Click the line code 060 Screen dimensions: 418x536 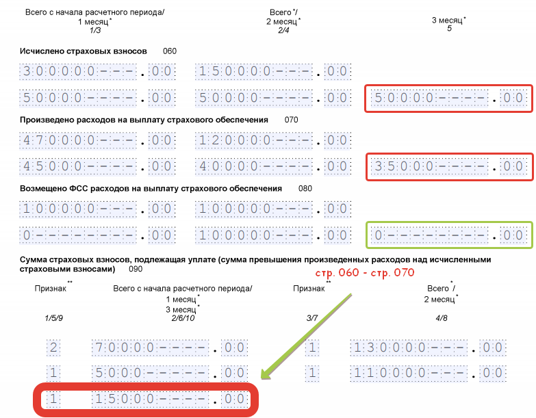coord(170,51)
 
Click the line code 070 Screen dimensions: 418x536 coord(292,120)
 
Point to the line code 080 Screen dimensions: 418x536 coord(305,188)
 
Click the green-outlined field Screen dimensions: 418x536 coord(448,235)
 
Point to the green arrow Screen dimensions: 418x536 coord(308,335)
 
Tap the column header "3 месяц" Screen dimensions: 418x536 coord(448,21)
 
